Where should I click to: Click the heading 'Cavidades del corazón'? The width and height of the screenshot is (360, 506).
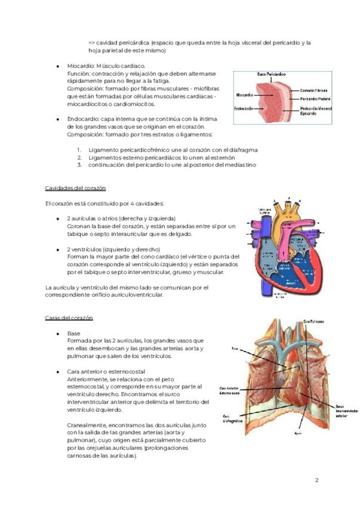click(75, 188)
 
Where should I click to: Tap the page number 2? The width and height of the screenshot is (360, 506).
click(317, 480)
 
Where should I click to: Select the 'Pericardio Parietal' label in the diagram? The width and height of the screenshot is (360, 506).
click(316, 98)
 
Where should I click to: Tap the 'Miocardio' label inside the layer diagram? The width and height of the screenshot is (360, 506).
click(245, 95)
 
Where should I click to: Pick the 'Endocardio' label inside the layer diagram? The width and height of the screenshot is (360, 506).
click(244, 109)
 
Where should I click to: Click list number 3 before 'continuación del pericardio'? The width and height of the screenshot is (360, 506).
click(79, 165)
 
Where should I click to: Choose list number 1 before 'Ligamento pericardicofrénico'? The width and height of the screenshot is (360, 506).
click(79, 149)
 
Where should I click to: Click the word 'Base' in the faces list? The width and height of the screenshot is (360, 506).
click(73, 333)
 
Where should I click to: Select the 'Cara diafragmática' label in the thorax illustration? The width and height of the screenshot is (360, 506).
click(230, 418)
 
